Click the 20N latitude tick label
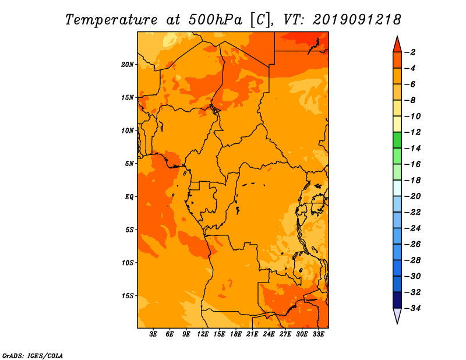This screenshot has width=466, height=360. pos(128,65)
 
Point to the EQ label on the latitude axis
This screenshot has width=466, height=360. pos(129,197)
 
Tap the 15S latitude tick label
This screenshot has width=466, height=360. pos(128,296)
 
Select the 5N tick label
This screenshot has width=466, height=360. pos(129,164)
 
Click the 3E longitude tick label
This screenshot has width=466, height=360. pos(153,334)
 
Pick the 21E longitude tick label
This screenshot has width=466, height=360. pos(252,334)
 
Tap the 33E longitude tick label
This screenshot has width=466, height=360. pos(318,334)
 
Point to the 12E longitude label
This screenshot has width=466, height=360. pos(202,334)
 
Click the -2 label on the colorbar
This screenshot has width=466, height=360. pos(410,52)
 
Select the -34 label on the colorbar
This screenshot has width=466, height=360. pos(412,308)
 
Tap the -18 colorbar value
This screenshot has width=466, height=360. pos(412,180)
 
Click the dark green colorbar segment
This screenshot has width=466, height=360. pos(397,140)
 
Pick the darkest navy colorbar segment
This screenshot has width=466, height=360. pos(397,300)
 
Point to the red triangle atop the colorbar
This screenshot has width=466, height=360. pos(397,45)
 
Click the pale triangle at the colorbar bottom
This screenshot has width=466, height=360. pos(397,315)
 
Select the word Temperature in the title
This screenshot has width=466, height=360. pos(111,20)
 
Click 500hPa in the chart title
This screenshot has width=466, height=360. pos(216,20)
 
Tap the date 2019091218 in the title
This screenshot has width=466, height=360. pos(357,20)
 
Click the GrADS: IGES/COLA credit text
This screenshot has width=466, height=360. pos(33,356)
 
